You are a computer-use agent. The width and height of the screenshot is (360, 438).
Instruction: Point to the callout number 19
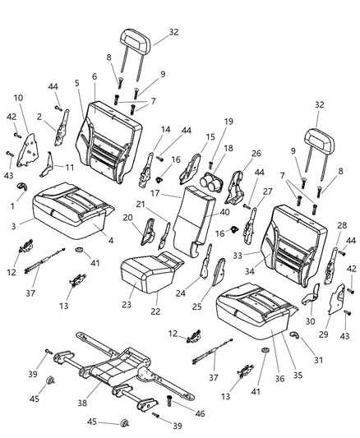click(x=228, y=121)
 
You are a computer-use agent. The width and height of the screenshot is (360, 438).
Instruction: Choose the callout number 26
click(x=256, y=153)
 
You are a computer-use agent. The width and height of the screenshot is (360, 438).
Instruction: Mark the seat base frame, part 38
click(x=115, y=366)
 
